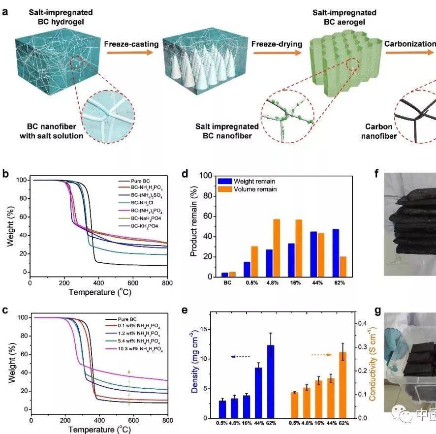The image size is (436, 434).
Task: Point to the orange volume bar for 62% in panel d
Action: (343, 267)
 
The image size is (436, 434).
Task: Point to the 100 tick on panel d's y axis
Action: (207, 176)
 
